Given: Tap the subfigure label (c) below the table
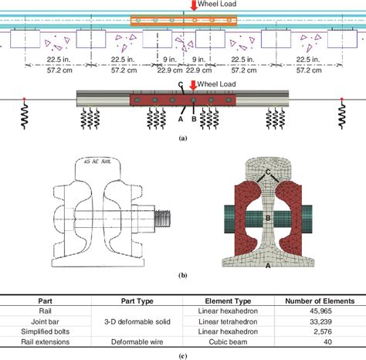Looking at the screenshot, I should coord(182,353).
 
